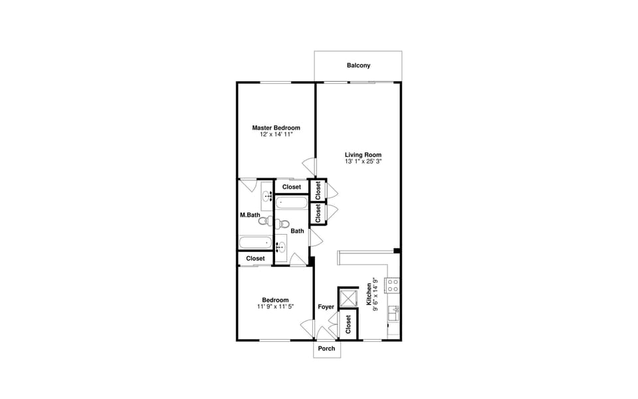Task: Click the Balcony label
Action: pos(358,66)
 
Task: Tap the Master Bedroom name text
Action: pos(276,128)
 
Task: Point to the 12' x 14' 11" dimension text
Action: pos(276,134)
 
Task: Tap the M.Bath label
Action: pos(249,215)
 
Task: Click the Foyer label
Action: pos(326,307)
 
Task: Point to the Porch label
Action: pos(326,349)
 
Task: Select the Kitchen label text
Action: pos(369,295)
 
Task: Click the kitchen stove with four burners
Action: pos(392,285)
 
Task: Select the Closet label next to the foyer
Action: pos(348,325)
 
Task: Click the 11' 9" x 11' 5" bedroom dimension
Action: pos(275,307)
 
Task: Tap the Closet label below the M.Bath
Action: pos(255,259)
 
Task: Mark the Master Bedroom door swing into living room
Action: pos(309,166)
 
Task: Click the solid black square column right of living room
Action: pos(396,251)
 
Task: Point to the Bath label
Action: pos(297,231)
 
